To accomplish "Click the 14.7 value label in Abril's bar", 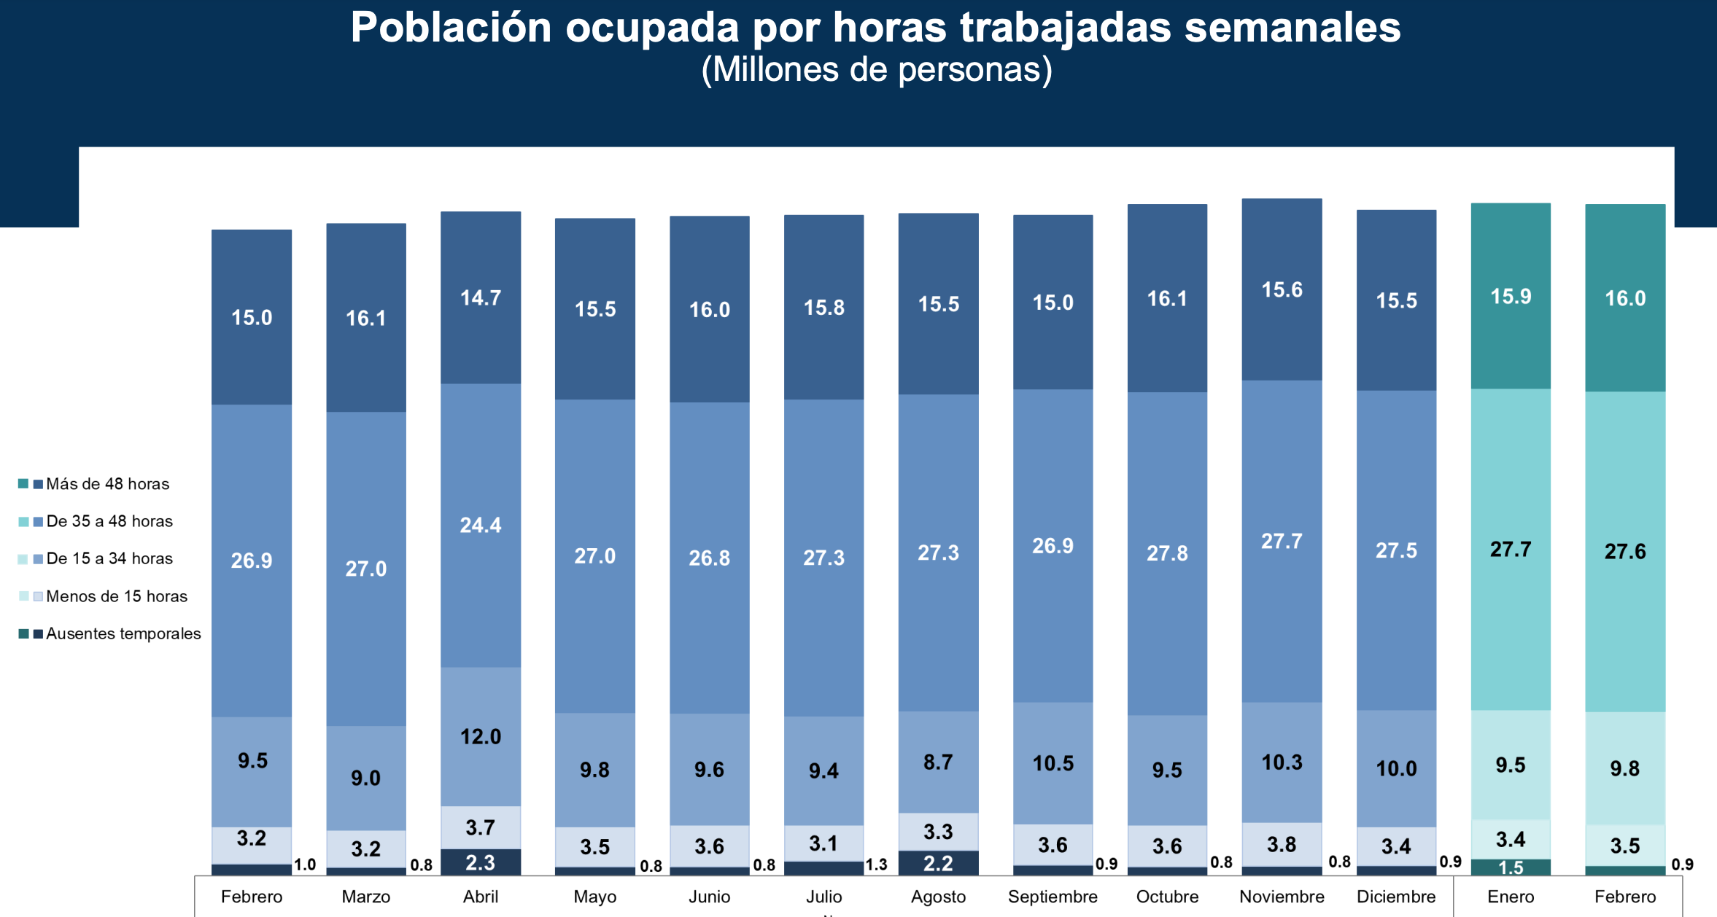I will pyautogui.click(x=481, y=297).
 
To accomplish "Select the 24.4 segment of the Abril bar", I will pyautogui.click(x=481, y=525).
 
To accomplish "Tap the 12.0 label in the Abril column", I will pyautogui.click(x=481, y=736).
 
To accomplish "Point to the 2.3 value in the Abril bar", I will pyautogui.click(x=481, y=863).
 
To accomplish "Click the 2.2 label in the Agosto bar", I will pyautogui.click(x=938, y=864).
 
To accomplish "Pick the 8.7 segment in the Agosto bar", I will pyautogui.click(x=938, y=762).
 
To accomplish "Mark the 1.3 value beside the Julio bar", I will pyautogui.click(x=876, y=865).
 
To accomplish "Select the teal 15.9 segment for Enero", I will pyautogui.click(x=1511, y=296).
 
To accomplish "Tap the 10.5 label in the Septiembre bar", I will pyautogui.click(x=1053, y=763).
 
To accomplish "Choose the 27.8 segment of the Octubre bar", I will pyautogui.click(x=1167, y=553).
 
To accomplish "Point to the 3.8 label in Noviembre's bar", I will pyautogui.click(x=1282, y=844).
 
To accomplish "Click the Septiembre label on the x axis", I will pyautogui.click(x=1053, y=897).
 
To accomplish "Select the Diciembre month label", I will pyautogui.click(x=1396, y=897).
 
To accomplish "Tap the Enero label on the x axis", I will pyautogui.click(x=1511, y=897).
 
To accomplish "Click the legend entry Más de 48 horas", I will pyautogui.click(x=107, y=484).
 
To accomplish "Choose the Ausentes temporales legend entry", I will pyautogui.click(x=123, y=633).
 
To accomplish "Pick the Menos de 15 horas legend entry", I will pyautogui.click(x=117, y=596).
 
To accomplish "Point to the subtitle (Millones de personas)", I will pyautogui.click(x=877, y=70).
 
